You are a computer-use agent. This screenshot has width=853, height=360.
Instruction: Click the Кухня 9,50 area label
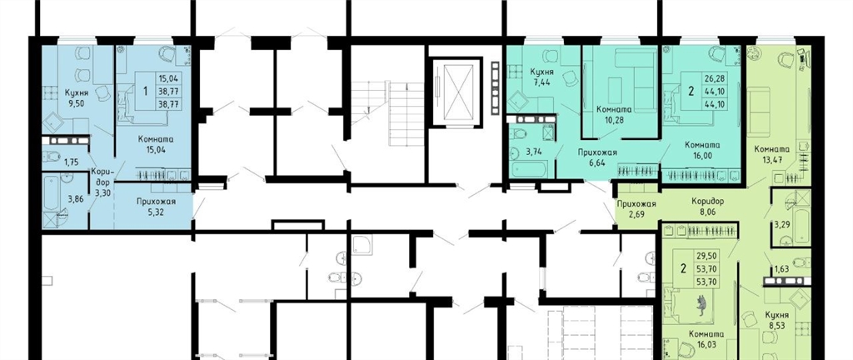point(76,97)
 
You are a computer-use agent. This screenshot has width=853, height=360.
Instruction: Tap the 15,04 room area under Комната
point(155,148)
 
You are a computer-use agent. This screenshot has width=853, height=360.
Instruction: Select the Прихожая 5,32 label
point(156,207)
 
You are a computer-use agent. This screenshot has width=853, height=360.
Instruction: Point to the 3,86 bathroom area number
point(76,199)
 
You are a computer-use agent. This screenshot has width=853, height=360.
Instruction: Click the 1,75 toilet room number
point(72,161)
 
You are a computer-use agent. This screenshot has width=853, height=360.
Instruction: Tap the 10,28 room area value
point(612,118)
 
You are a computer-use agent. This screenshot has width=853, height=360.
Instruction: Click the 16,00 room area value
point(703,155)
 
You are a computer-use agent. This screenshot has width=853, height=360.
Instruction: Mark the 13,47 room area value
point(772,159)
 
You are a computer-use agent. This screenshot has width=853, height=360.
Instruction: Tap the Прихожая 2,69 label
point(636,209)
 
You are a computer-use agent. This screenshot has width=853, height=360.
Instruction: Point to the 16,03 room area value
point(706,343)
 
